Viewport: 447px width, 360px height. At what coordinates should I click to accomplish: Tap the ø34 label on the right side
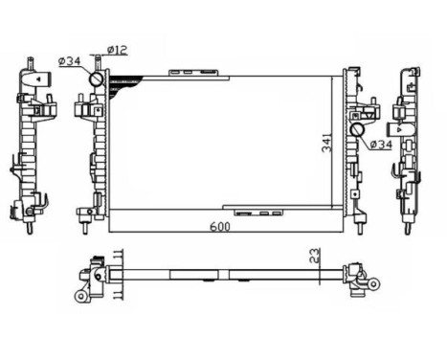pos(380,145)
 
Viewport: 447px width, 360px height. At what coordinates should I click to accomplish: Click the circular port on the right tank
pos(357,129)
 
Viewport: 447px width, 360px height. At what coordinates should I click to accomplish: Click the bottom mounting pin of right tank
pos(360,227)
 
